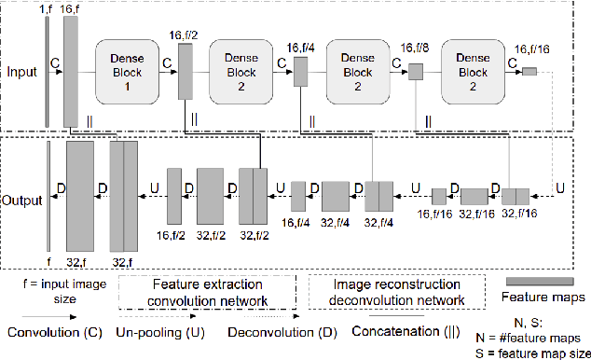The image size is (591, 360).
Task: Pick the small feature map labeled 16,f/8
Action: coord(416,72)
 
